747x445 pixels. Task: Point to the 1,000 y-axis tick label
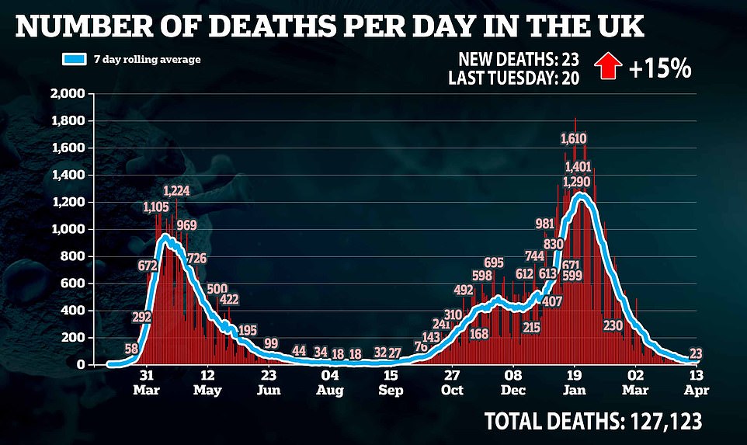69,229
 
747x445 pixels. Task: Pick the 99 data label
271,343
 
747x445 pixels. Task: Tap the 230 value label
613,325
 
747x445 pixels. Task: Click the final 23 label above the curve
696,354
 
